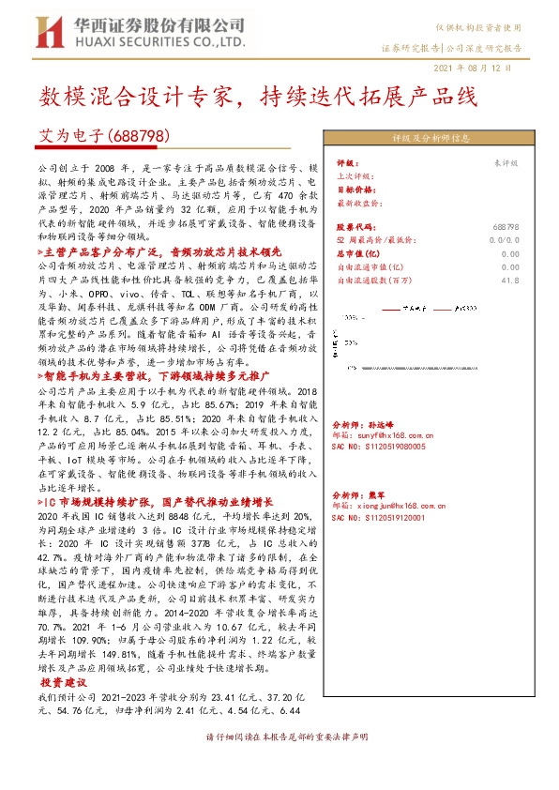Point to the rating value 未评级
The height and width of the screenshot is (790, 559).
(506, 162)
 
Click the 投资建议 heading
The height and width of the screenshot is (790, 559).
(62, 683)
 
